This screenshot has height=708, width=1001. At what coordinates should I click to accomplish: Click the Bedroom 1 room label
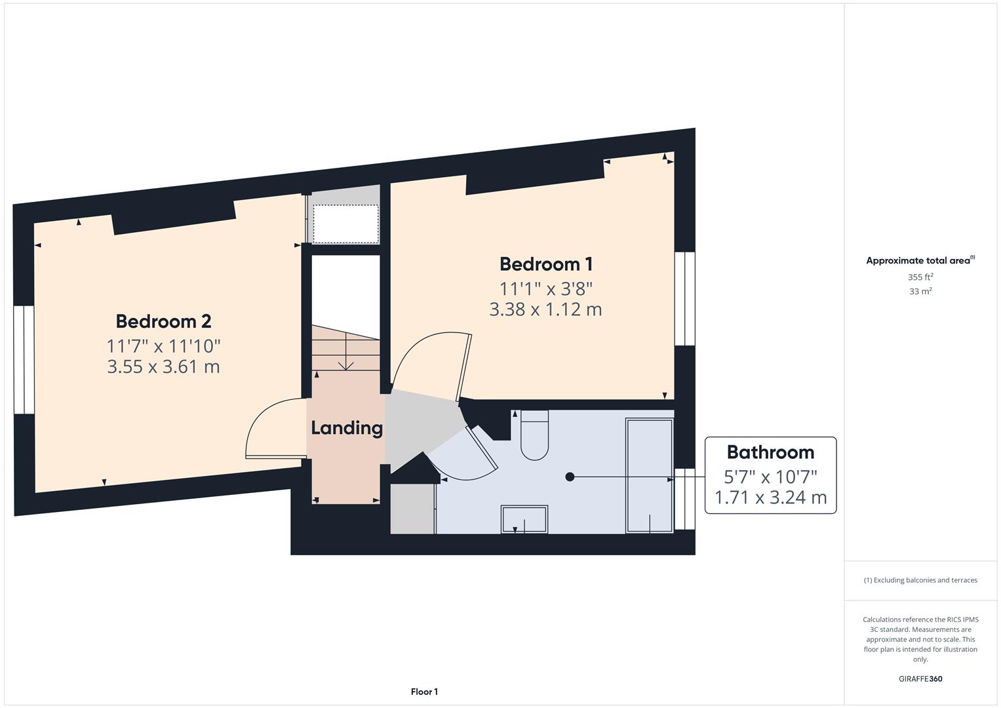(546, 264)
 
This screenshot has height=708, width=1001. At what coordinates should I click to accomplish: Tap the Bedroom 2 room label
(163, 321)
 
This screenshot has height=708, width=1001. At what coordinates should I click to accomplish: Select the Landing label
(346, 428)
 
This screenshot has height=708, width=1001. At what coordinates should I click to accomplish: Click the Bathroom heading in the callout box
(770, 452)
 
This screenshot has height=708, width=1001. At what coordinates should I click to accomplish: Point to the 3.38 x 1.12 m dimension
(545, 309)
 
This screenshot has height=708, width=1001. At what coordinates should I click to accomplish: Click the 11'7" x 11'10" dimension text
(163, 345)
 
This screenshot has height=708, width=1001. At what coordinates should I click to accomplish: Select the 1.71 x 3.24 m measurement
(770, 498)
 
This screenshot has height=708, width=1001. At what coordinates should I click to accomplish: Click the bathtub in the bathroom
(649, 475)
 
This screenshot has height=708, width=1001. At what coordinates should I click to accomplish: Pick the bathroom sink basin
(524, 519)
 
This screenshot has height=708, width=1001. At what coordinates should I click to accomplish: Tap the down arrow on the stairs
(345, 364)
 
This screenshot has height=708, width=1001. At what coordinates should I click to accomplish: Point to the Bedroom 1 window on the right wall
(684, 298)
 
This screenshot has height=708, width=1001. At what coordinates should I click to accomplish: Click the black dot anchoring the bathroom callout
(570, 477)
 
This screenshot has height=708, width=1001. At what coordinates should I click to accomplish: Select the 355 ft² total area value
(920, 277)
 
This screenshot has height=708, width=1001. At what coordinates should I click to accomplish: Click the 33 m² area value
(920, 292)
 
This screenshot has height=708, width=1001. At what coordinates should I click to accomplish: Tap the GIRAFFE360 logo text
(920, 678)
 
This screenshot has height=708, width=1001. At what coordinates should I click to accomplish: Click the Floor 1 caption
(424, 692)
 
